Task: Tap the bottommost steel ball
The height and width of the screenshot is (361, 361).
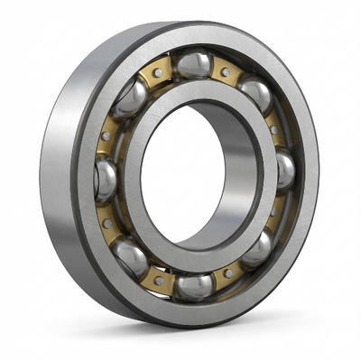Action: (x=193, y=286)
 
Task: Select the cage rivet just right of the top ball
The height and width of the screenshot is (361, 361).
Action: (x=225, y=71)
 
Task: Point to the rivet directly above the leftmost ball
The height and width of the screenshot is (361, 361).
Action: (x=106, y=135)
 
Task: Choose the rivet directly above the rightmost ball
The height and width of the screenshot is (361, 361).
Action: (x=275, y=129)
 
